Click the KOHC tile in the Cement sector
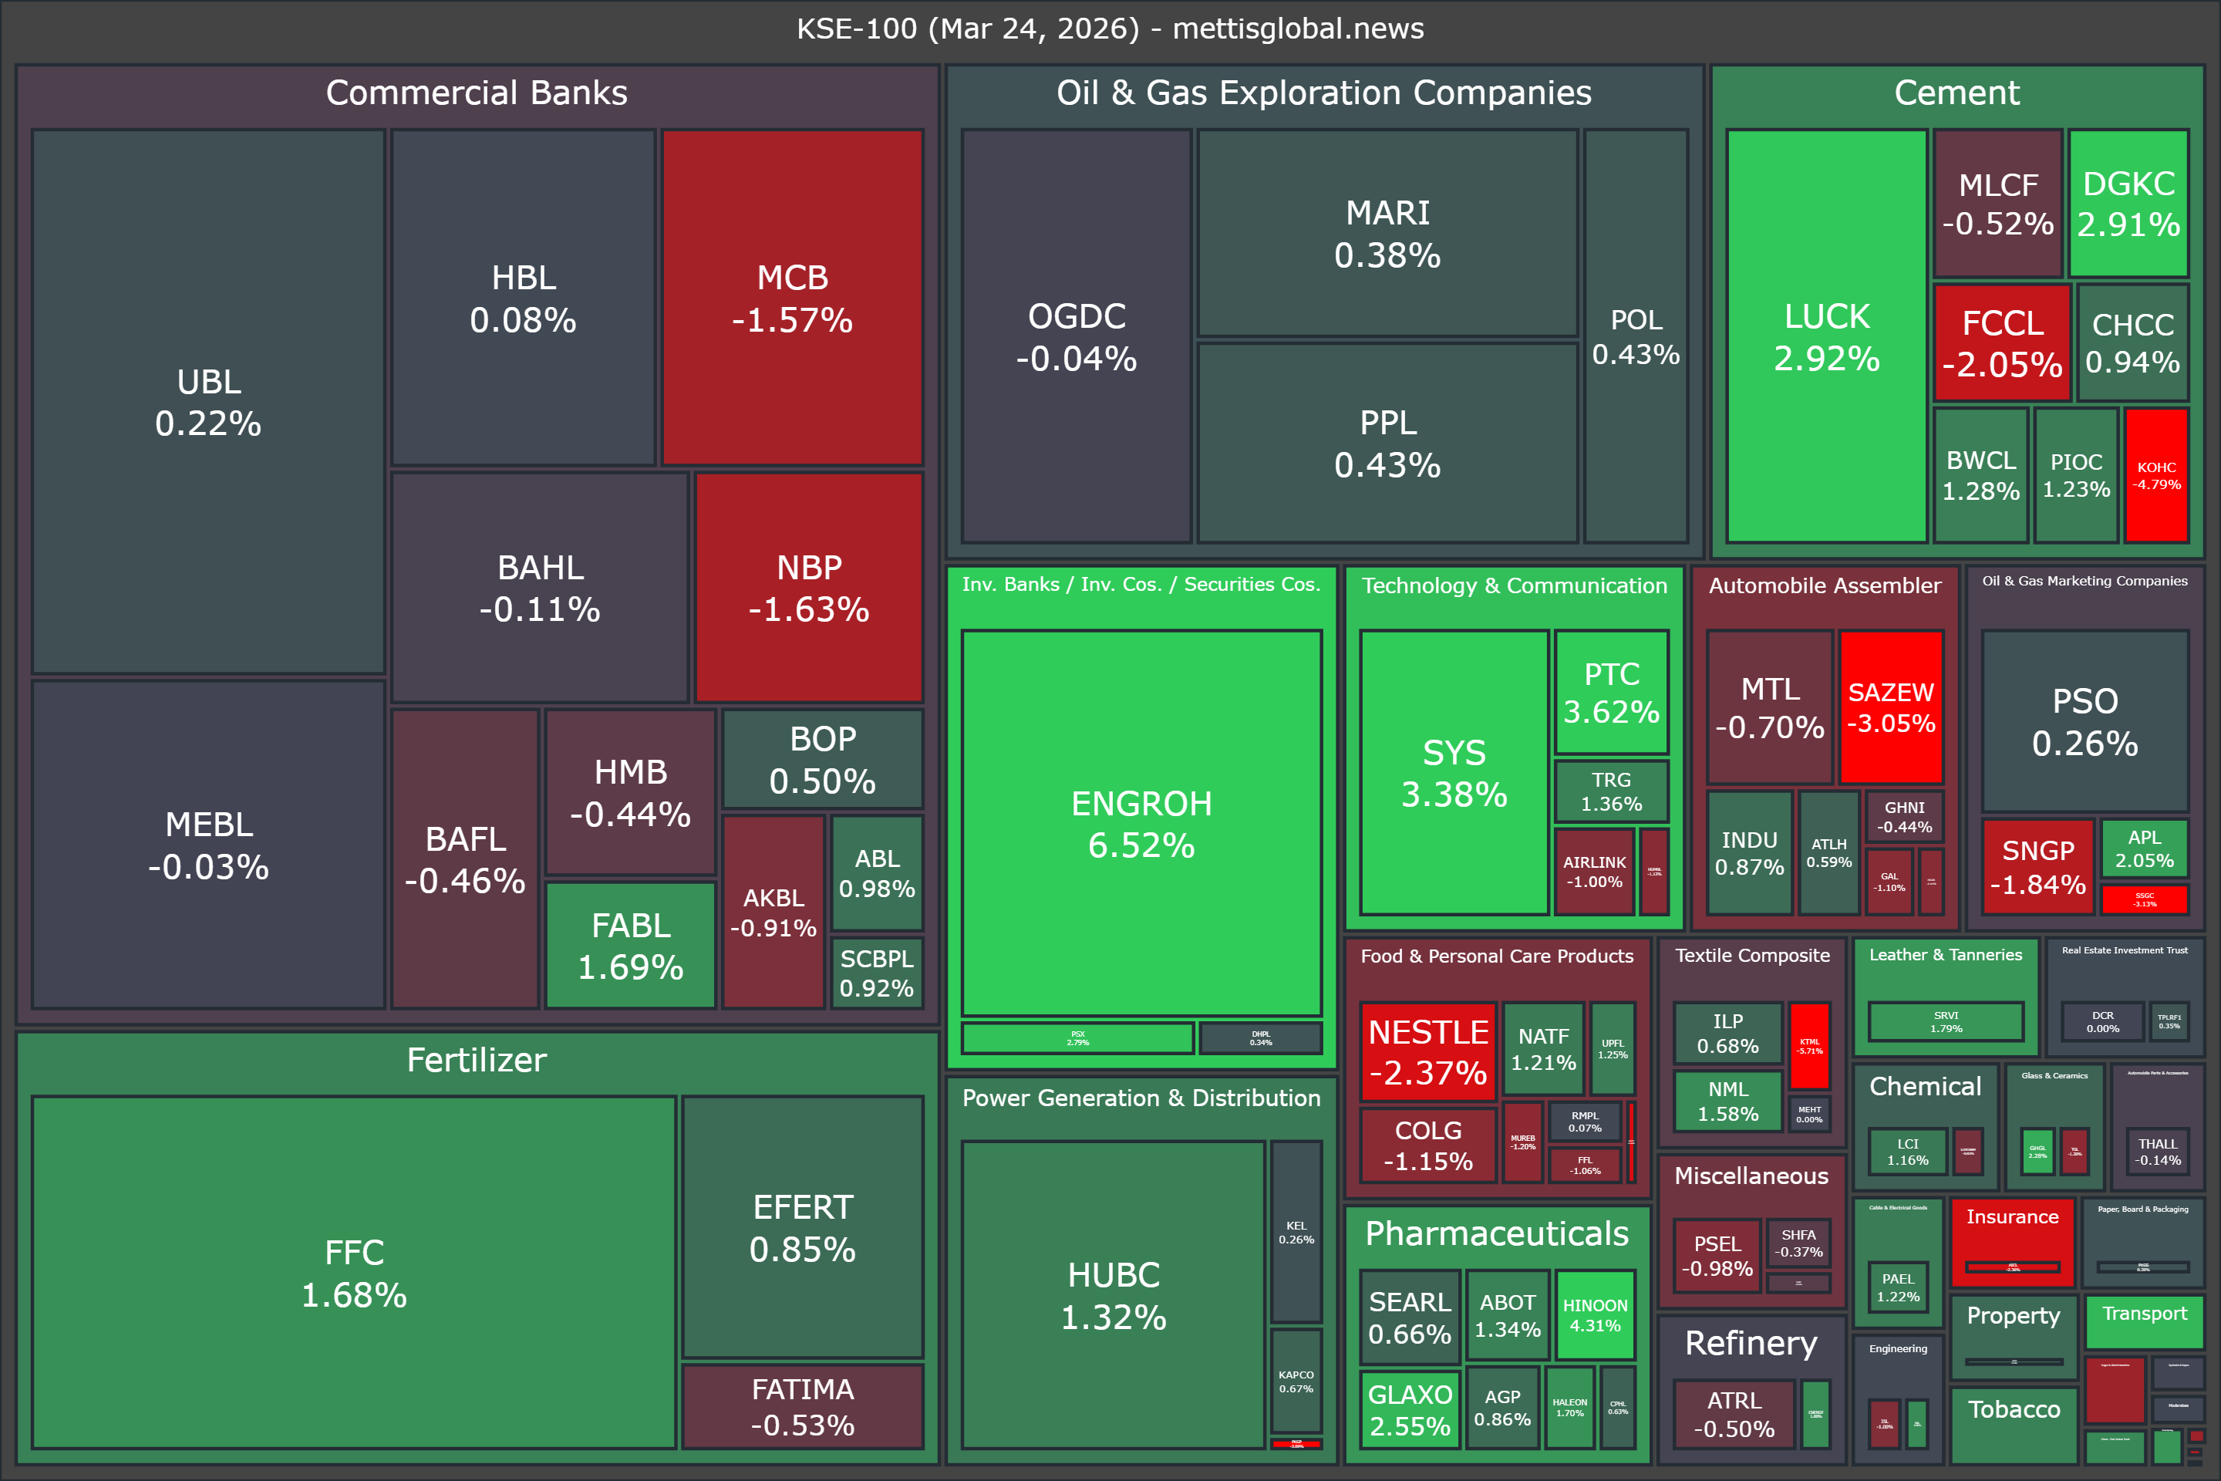click(2156, 475)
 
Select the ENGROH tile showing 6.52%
click(1141, 823)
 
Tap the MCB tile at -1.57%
click(792, 298)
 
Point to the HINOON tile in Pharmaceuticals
click(1595, 1314)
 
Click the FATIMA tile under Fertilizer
click(803, 1405)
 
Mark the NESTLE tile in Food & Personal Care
click(1427, 1051)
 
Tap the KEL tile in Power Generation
click(1296, 1232)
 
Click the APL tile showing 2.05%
click(2144, 848)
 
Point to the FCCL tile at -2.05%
click(2002, 342)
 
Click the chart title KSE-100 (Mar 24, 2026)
click(1110, 29)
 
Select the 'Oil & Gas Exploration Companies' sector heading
click(1324, 93)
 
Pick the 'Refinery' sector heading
click(1751, 1342)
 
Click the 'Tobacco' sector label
click(2014, 1409)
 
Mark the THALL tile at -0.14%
click(2158, 1152)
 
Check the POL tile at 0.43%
click(1636, 336)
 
